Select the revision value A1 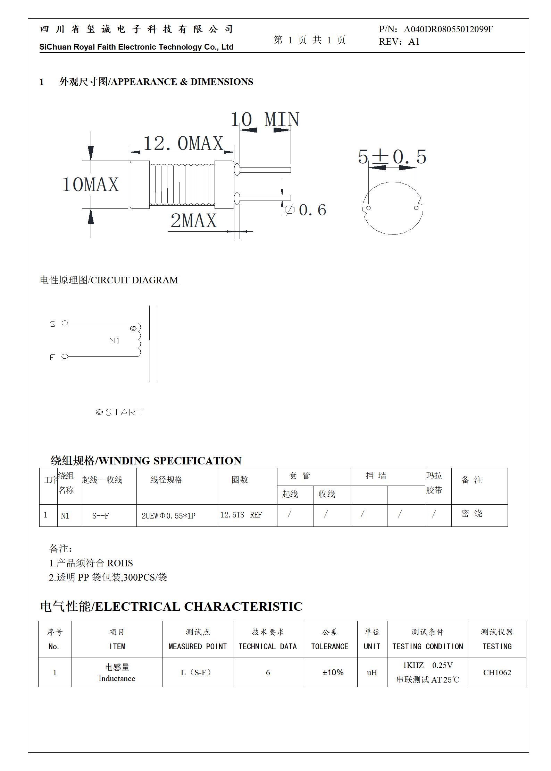[x=414, y=42]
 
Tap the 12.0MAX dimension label [x=183, y=144]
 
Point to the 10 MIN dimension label [x=265, y=120]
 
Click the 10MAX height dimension [x=91, y=185]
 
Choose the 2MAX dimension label [x=193, y=221]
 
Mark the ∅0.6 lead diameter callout [x=306, y=210]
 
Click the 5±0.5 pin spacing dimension [x=392, y=157]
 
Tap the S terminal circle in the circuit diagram [x=65, y=323]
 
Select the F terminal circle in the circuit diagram [x=65, y=356]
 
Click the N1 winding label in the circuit [x=114, y=341]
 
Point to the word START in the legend [x=124, y=412]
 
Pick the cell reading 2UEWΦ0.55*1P [x=168, y=516]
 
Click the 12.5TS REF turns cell [x=241, y=515]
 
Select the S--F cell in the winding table [x=100, y=516]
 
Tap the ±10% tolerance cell [x=333, y=673]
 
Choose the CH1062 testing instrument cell [x=497, y=673]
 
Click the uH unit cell [x=372, y=673]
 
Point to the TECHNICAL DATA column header [x=268, y=646]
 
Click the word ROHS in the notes [x=120, y=563]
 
